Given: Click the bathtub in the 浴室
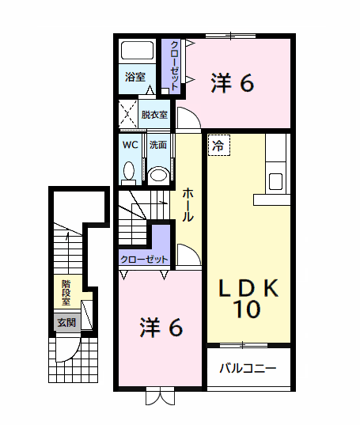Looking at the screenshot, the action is click(137, 51).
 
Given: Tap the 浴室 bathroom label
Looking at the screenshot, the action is click(135, 78).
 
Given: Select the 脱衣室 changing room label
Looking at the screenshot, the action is click(154, 115).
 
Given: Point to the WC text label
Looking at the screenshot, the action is click(131, 145).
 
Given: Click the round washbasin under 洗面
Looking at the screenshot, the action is click(159, 174).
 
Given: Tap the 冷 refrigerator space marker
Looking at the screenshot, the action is click(219, 146).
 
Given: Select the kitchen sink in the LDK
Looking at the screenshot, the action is click(275, 181).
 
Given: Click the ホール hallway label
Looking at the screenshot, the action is click(188, 205).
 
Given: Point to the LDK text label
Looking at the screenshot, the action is click(248, 288).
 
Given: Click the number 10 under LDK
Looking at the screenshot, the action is click(248, 309).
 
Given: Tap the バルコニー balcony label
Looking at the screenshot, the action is click(248, 368).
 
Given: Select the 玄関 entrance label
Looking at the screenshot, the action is click(66, 323).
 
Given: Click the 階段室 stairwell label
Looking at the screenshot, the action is click(66, 293).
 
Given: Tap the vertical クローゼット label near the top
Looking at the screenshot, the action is click(174, 65).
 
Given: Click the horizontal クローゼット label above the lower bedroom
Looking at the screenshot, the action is click(144, 260).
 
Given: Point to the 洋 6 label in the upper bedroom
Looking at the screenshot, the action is click(233, 82).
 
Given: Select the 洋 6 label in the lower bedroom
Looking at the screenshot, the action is click(161, 328).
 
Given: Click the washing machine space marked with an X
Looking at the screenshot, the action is click(128, 114).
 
